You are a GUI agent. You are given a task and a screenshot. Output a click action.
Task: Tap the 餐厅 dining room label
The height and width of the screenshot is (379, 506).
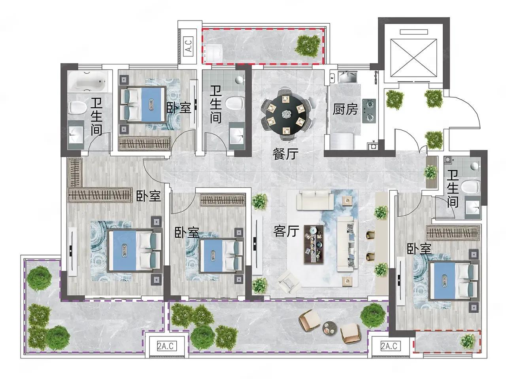(285, 154)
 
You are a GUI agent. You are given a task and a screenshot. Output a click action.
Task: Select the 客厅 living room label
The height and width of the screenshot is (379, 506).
(286, 231)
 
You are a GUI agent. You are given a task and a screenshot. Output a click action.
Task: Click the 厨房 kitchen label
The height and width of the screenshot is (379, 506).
(345, 109)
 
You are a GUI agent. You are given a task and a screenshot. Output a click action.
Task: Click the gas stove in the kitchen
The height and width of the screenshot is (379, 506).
(369, 111)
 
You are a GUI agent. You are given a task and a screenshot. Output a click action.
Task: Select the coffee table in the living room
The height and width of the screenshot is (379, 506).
(313, 244)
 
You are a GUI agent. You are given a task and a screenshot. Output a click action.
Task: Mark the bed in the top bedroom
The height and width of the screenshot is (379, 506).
(142, 104)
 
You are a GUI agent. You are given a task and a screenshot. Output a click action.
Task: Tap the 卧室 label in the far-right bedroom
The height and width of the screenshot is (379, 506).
(419, 249)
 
